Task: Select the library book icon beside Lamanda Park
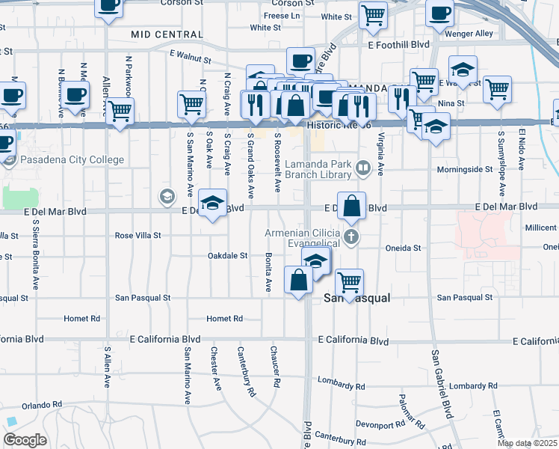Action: (x=364, y=168)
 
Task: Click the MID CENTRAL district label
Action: (x=166, y=34)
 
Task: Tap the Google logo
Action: (x=25, y=440)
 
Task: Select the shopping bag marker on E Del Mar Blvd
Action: (x=353, y=205)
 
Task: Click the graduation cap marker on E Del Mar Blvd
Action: (x=212, y=203)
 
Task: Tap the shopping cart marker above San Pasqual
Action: (x=349, y=283)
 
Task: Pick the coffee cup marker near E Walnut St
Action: (x=301, y=60)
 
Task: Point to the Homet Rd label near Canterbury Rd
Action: (x=225, y=319)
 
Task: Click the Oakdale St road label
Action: (x=227, y=256)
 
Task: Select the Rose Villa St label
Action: (x=138, y=235)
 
